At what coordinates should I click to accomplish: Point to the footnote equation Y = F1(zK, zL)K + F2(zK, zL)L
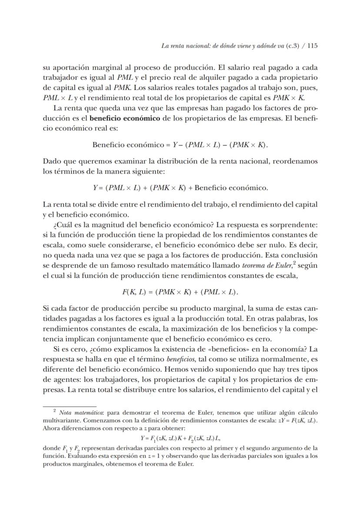181,438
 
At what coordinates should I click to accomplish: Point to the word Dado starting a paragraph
51,161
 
